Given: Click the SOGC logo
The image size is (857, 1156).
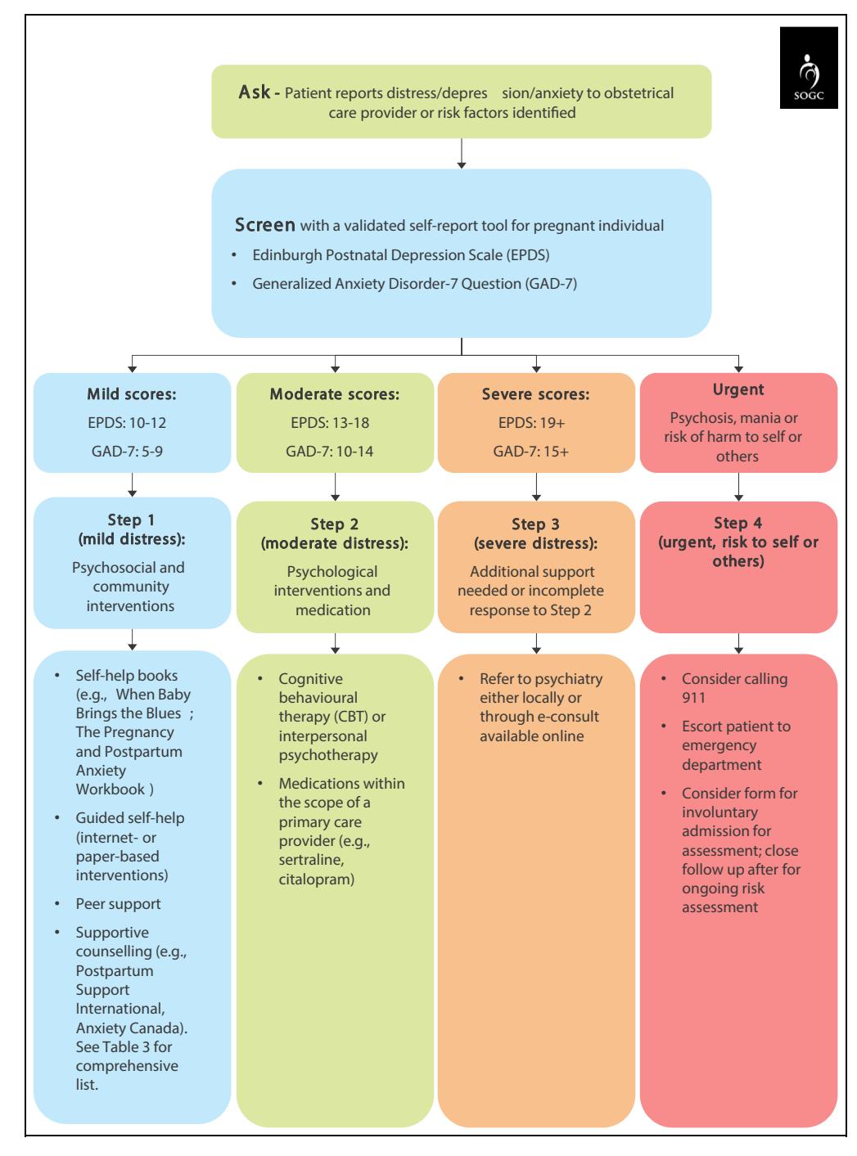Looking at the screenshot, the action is [x=808, y=68].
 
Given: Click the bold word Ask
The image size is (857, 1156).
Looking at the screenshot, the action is [x=254, y=92].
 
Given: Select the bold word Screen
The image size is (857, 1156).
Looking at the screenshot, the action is [x=264, y=225].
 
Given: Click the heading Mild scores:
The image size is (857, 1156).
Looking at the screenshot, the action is [x=132, y=394].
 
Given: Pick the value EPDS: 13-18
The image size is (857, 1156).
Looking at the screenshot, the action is [x=330, y=423].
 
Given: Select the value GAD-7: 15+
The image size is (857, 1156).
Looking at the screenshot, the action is [x=530, y=452].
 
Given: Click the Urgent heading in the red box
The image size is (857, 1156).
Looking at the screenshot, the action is [x=737, y=389].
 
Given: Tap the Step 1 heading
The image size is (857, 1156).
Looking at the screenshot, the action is [x=131, y=520].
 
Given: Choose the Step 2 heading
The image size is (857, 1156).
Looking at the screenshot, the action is [x=334, y=524].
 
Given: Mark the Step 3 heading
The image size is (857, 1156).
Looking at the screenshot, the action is [x=535, y=524].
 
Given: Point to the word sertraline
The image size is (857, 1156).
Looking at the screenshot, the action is [x=311, y=860].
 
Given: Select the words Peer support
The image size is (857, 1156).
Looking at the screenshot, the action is [x=118, y=904].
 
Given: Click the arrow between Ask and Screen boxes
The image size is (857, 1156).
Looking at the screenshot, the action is [x=461, y=153].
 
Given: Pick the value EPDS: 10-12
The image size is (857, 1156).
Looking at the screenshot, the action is [x=127, y=423].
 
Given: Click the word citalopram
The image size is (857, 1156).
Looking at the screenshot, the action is [x=316, y=879].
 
